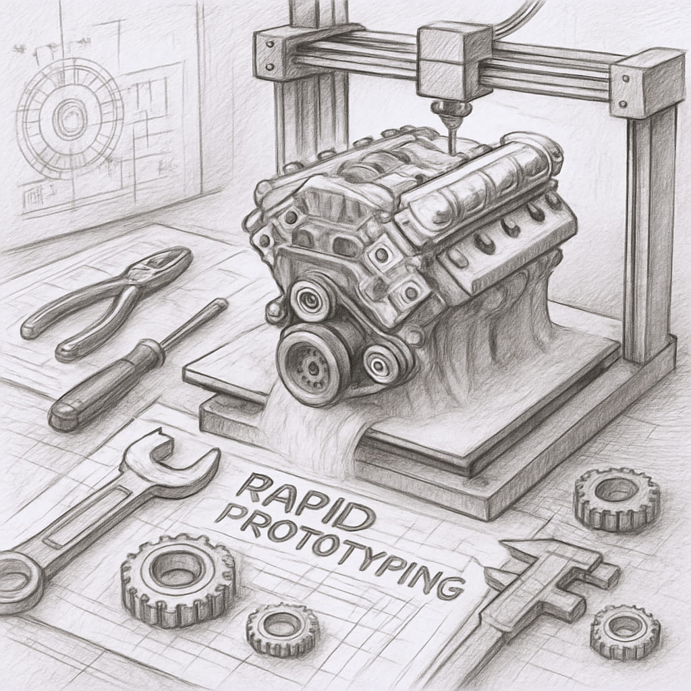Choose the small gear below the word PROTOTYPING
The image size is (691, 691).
283,630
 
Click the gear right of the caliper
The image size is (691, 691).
625,632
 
